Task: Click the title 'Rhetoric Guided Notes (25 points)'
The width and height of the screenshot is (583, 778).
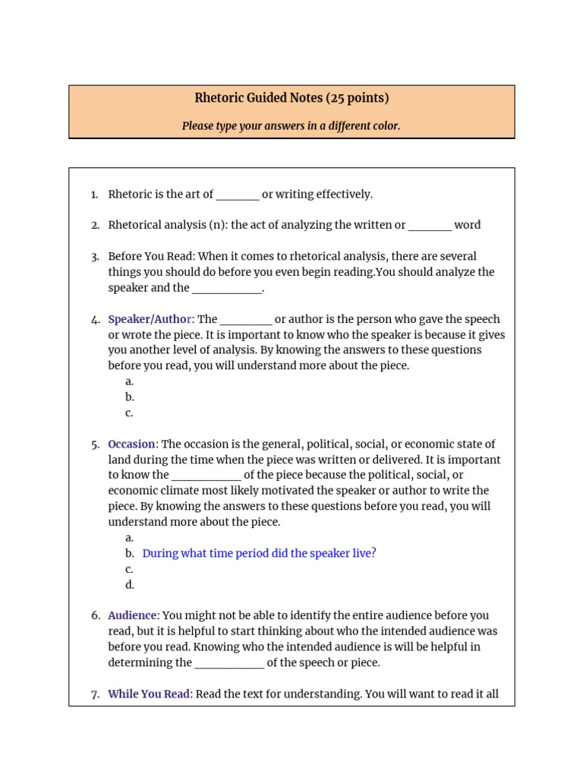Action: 291,98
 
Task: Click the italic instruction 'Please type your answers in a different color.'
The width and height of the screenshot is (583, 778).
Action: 291,126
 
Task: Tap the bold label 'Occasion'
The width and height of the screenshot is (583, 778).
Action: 132,444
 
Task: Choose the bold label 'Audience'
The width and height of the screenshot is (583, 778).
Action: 132,615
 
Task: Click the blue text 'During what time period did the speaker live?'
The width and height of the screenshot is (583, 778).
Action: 259,553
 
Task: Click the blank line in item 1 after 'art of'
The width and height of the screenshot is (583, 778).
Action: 238,195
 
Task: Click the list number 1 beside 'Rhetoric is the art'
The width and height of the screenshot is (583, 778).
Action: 94,194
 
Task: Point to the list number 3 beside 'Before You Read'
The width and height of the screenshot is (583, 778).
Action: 94,257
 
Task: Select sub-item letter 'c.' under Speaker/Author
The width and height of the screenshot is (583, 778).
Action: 130,413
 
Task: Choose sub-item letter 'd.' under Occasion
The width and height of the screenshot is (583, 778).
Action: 130,584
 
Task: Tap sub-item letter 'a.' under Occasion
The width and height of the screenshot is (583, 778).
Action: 130,537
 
